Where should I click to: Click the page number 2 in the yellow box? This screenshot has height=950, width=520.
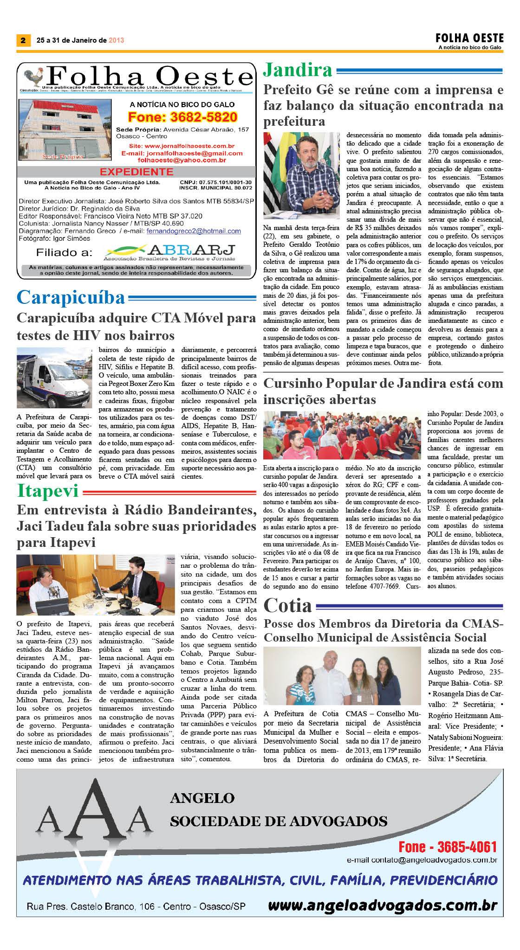coord(23,40)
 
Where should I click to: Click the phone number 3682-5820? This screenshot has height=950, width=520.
coord(182,117)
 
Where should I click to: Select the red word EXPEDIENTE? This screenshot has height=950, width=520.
coord(136,172)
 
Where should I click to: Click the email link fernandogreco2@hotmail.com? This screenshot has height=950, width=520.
coord(194,231)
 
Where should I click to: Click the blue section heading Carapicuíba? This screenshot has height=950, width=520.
coord(71,297)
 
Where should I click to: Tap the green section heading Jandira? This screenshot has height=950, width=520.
coord(298,70)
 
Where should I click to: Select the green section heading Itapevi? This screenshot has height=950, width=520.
coord(48,490)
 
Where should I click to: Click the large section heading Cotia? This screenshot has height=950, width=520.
coord(287,606)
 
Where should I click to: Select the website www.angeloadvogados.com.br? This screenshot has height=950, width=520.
coord(383,905)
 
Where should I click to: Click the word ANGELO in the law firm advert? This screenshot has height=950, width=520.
coord(202,798)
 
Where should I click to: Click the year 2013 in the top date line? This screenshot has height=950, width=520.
coord(117,40)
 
